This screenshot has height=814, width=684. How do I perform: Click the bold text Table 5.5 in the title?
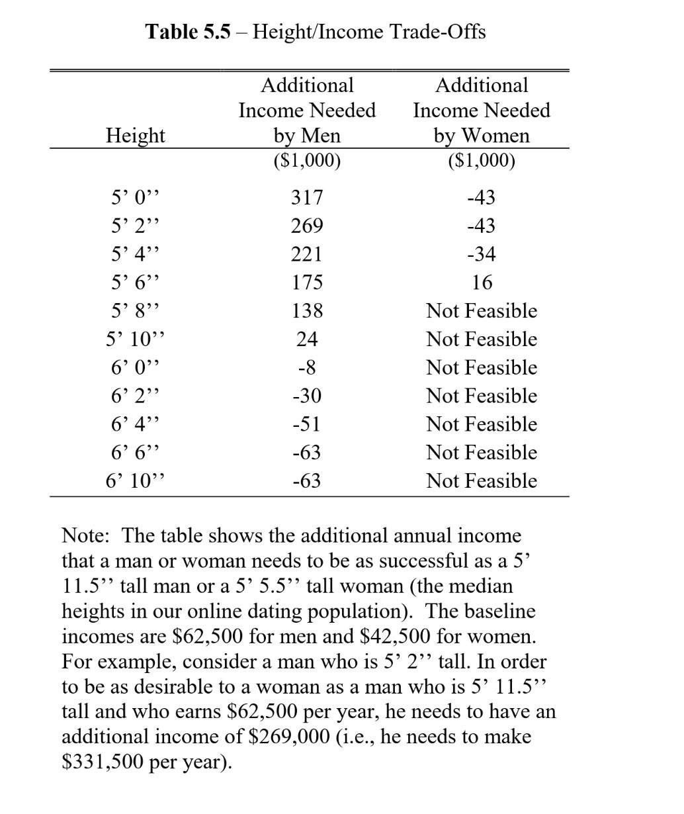(189, 31)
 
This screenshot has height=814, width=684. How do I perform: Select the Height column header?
(136, 135)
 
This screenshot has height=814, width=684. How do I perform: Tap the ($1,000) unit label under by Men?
(306, 161)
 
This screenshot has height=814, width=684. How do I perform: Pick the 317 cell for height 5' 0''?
(306, 197)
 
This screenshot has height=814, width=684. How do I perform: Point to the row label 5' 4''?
(136, 254)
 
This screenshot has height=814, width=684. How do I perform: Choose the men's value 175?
(306, 283)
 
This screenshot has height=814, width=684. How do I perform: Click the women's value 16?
(482, 283)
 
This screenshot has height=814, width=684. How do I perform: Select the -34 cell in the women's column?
(481, 254)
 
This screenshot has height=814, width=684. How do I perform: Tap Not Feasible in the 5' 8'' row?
(481, 311)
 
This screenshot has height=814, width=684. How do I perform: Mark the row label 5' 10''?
(136, 339)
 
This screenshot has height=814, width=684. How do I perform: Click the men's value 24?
(306, 339)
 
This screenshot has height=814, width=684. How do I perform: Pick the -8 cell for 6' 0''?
(306, 368)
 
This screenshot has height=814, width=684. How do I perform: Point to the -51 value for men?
(306, 424)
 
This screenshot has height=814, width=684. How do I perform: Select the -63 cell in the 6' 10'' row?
(306, 481)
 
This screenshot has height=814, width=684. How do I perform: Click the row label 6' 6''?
(136, 453)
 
